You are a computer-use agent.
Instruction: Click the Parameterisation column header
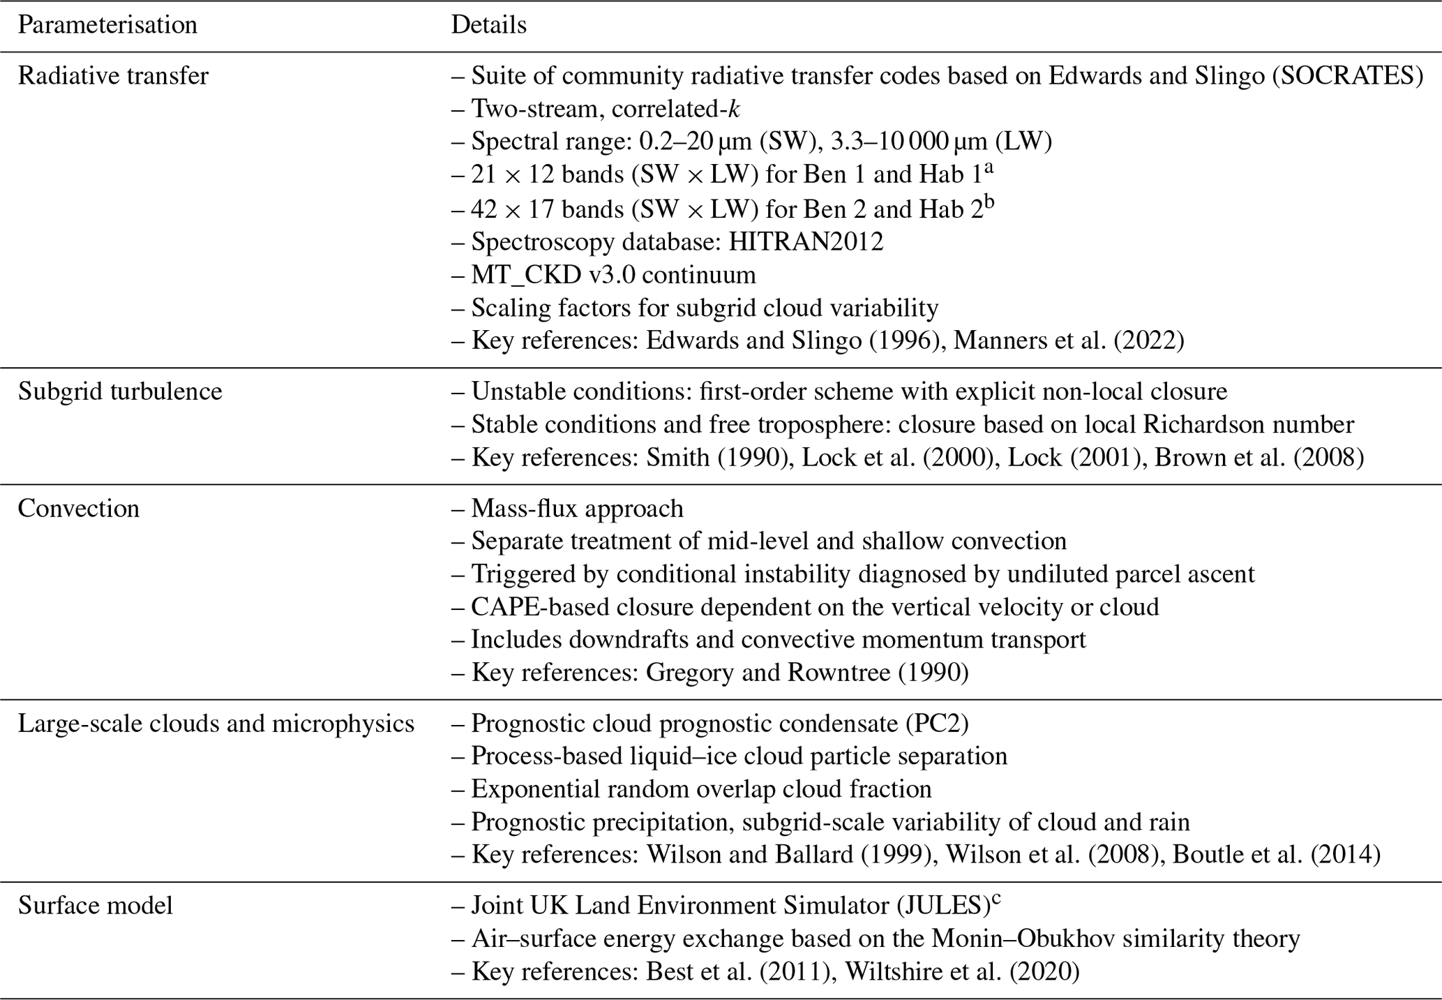pos(107,25)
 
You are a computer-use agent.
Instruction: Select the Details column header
pos(488,25)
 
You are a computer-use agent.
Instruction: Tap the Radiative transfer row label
pos(113,75)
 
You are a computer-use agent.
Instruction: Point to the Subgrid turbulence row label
pos(120,391)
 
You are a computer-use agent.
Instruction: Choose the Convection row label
pos(78,508)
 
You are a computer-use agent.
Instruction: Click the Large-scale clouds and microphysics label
pos(216,724)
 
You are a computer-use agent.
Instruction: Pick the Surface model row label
pos(95,906)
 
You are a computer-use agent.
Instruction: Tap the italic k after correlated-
pos(733,109)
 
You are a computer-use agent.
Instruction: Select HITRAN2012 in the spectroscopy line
pos(806,241)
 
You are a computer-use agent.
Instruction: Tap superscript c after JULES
pos(996,899)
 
